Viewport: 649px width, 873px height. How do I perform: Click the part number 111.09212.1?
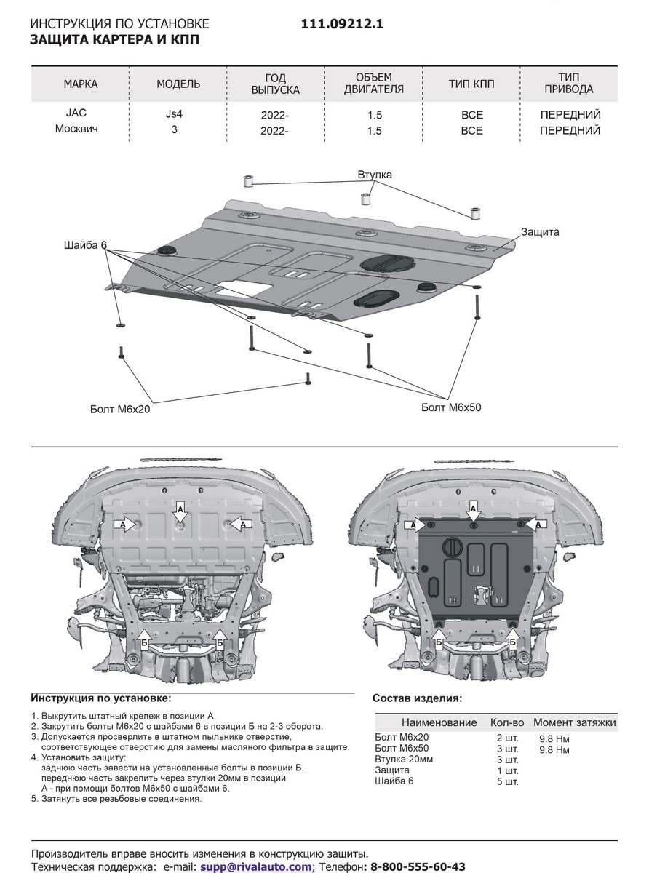(x=342, y=24)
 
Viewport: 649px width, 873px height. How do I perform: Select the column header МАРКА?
(x=80, y=84)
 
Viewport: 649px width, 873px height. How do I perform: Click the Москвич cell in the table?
(x=77, y=130)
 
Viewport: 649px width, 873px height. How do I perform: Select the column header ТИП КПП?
(x=471, y=84)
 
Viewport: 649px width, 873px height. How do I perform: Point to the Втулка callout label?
(x=374, y=175)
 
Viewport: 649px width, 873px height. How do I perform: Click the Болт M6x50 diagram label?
(x=451, y=407)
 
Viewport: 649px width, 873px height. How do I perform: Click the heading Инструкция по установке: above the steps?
(x=101, y=698)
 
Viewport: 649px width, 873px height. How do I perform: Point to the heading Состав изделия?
(x=416, y=698)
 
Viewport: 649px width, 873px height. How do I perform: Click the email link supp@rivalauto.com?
(x=257, y=866)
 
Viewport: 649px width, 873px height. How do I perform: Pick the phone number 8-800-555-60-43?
(x=418, y=866)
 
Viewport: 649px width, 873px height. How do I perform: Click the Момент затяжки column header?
(x=574, y=722)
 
